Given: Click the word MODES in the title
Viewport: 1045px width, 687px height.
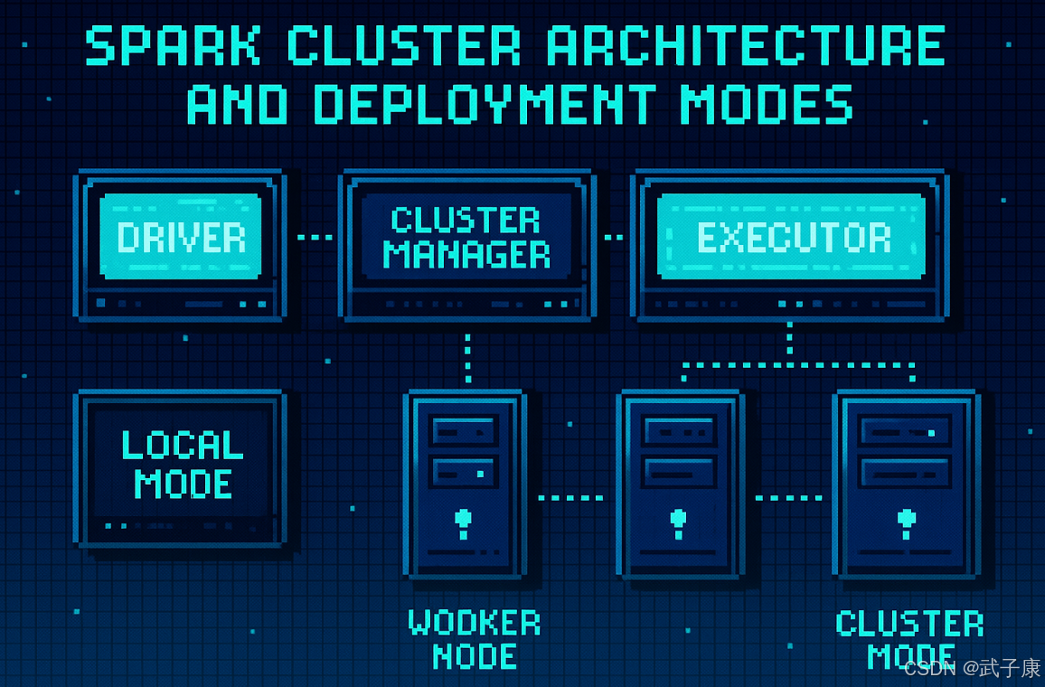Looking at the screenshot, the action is tap(767, 105).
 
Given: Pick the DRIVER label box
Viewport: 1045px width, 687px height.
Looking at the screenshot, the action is tap(181, 237).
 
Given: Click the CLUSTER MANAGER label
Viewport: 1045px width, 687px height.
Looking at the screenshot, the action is tap(466, 237).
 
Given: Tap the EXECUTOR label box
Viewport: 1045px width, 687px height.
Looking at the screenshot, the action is tap(791, 237).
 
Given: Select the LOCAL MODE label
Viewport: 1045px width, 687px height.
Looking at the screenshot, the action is tap(183, 465).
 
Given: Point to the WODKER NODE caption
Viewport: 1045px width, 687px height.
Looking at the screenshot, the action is tap(474, 639).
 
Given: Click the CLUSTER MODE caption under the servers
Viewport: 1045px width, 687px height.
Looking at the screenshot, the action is tap(909, 639).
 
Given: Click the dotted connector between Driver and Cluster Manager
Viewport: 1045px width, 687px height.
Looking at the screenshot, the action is tap(315, 237).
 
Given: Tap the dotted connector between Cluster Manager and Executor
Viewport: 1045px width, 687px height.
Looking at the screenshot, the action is tap(613, 237).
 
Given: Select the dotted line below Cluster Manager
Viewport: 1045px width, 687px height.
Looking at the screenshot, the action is tap(468, 359).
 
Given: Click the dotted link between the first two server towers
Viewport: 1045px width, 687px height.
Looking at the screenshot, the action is tap(570, 498).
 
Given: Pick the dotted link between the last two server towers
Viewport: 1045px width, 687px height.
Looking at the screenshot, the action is tap(788, 498).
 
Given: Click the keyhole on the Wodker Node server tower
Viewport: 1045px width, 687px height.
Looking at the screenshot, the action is tap(463, 523).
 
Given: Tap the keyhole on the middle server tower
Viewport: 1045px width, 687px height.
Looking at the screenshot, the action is tap(679, 523).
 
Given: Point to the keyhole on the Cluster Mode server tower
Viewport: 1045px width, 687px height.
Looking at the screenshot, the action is tap(907, 523).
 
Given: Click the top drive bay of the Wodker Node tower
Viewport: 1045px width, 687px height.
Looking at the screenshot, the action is tap(464, 431).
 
